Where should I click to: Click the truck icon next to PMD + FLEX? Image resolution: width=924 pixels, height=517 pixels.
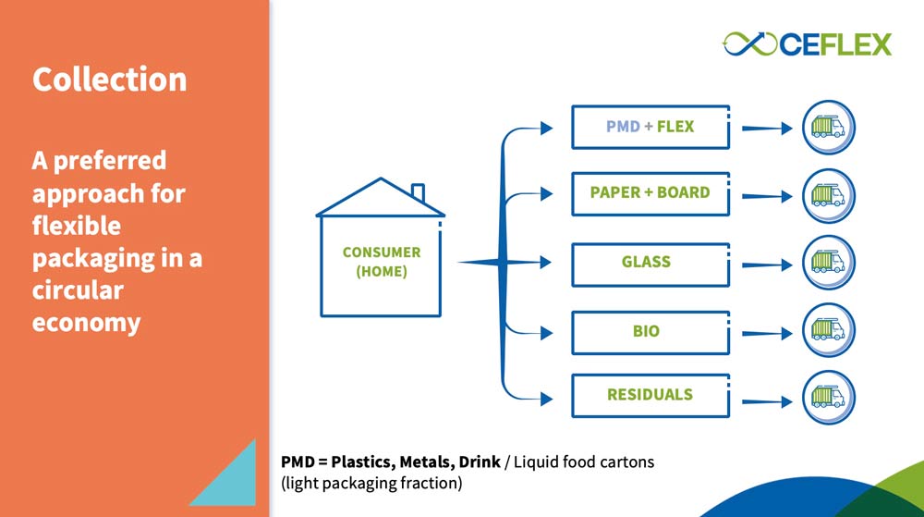[x=828, y=128]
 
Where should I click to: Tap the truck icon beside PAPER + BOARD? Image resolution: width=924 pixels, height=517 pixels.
[x=828, y=196]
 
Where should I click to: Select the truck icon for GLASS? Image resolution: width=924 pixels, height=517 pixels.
[x=828, y=263]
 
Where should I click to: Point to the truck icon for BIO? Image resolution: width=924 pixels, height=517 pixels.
[x=828, y=330]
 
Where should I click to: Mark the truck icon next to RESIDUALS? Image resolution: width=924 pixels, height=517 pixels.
[x=828, y=398]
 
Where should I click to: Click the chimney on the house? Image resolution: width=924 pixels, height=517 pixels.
[x=418, y=192]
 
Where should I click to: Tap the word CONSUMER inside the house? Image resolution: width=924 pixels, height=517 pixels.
[x=382, y=252]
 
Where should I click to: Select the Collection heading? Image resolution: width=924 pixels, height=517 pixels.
[x=110, y=80]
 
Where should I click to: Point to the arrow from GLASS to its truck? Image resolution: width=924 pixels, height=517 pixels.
[x=767, y=265]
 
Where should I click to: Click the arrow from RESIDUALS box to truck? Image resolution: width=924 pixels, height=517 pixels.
[x=767, y=402]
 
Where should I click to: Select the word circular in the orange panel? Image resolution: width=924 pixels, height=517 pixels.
[x=78, y=290]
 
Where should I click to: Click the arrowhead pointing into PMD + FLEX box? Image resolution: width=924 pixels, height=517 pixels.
[x=546, y=128]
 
